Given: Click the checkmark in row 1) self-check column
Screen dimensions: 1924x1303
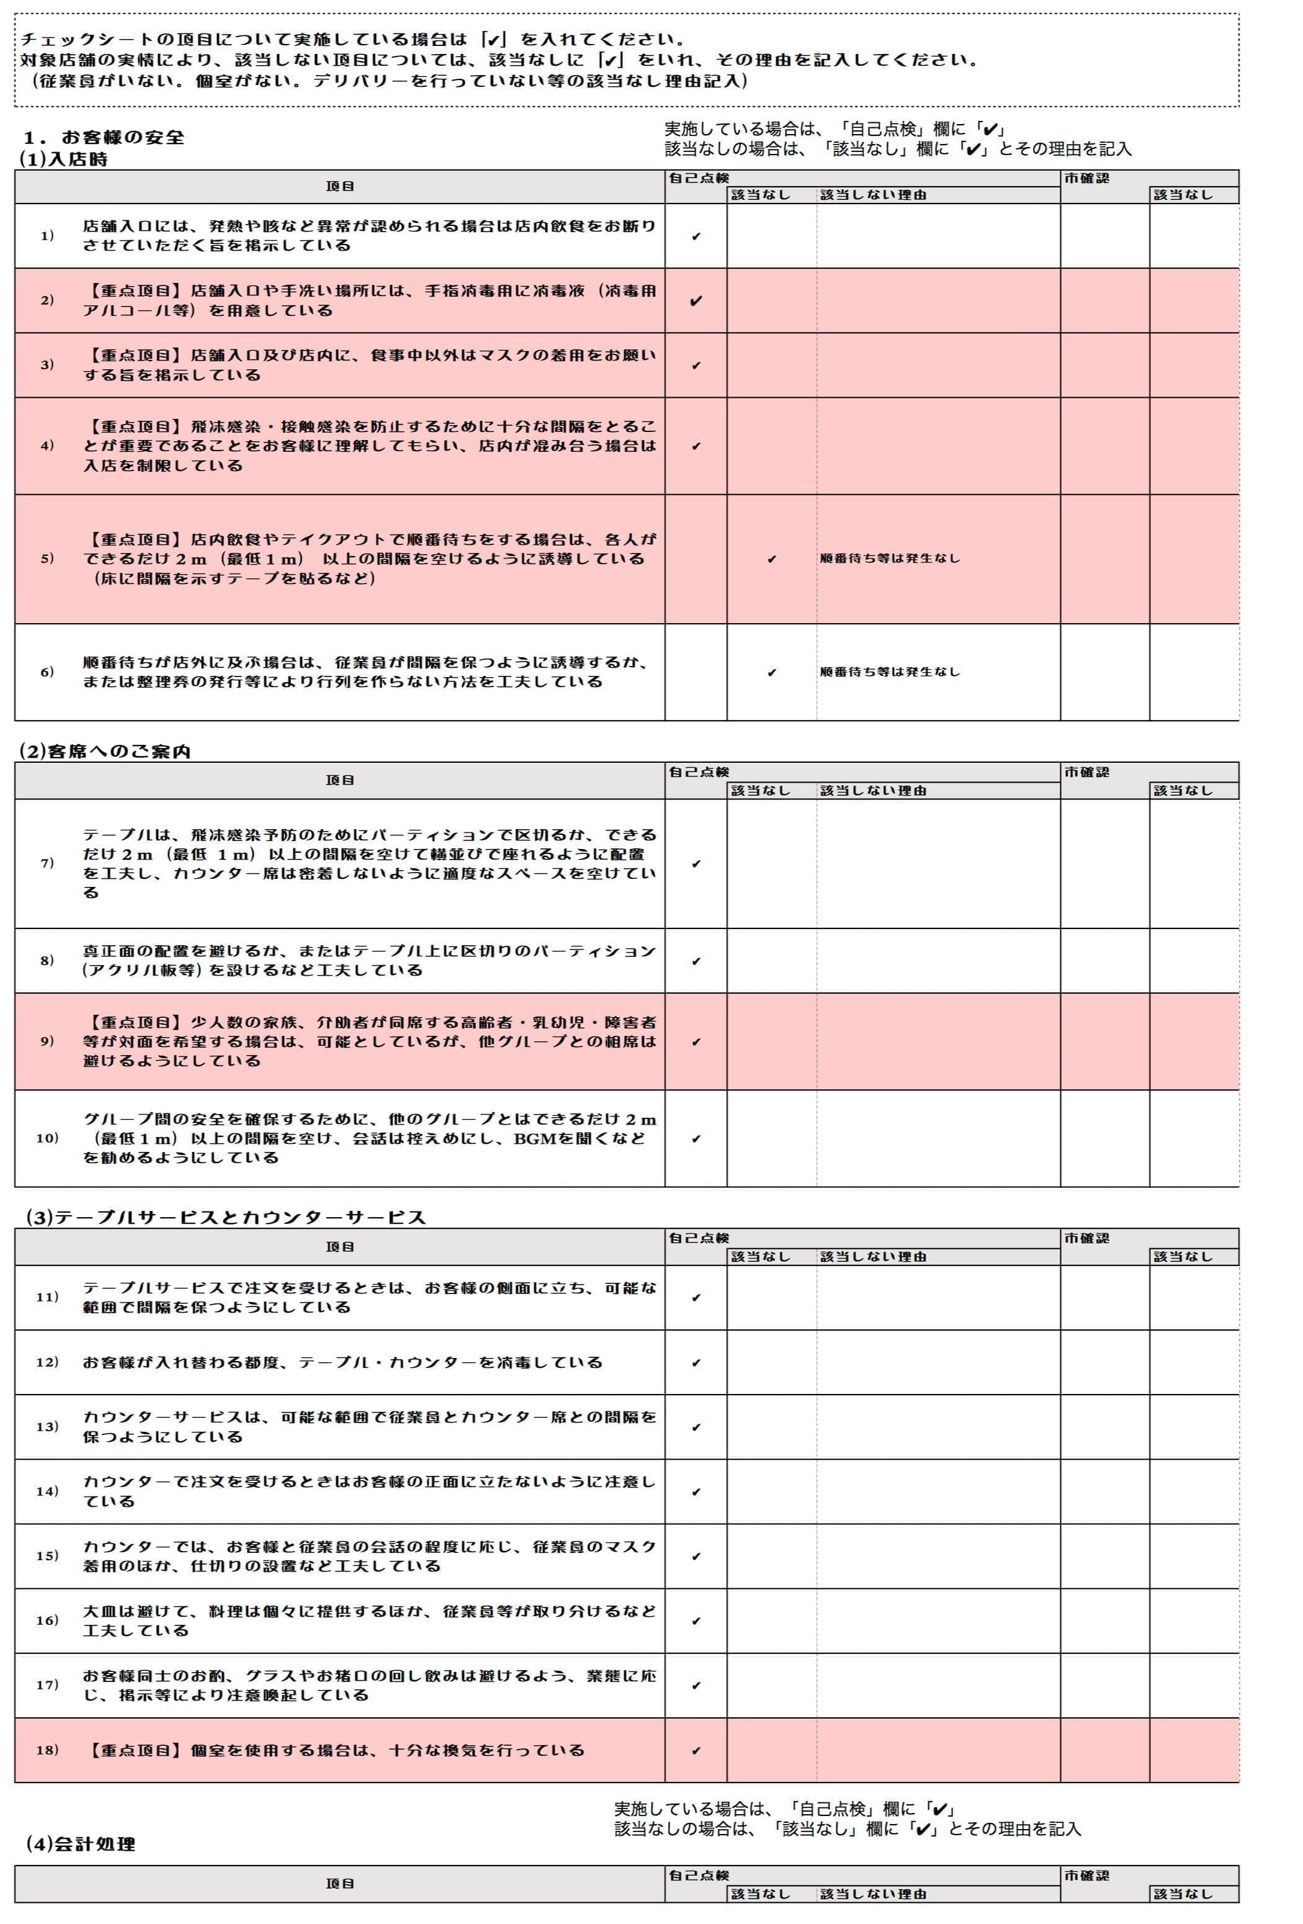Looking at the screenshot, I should (696, 236).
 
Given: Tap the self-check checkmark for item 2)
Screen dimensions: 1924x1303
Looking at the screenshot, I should (696, 300).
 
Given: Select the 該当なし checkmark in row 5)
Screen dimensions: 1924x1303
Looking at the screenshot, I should (771, 559).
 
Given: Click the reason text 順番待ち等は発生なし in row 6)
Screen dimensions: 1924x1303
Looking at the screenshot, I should (890, 672).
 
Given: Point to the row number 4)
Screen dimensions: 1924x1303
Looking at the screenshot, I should (47, 446).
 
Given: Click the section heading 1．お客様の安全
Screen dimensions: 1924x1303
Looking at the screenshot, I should (104, 137).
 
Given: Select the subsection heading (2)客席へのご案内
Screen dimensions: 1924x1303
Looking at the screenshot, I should (105, 751).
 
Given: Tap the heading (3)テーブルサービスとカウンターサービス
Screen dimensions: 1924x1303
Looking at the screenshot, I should (225, 1217).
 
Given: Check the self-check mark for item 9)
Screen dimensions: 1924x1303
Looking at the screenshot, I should (696, 1041).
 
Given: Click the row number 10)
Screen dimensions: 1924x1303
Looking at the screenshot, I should (47, 1138).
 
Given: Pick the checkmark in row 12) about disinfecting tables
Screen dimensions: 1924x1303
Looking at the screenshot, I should (696, 1363).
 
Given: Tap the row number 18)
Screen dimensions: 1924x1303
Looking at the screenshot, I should (47, 1750).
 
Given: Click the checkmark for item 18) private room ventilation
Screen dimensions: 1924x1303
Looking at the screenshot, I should (696, 1750).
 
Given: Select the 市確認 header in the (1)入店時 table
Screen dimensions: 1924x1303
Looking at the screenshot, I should (1086, 178).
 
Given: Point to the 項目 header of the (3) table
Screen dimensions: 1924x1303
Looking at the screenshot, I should (339, 1246).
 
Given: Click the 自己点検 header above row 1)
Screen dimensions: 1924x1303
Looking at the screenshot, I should (699, 178).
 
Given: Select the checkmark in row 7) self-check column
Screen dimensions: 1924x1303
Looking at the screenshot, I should (696, 863).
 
